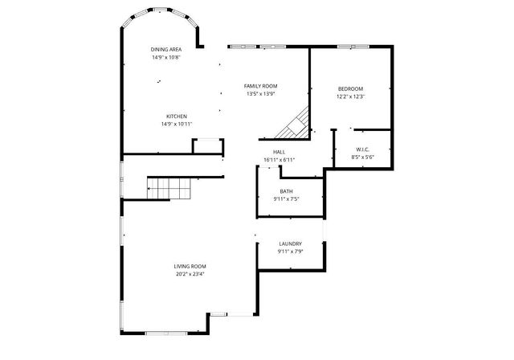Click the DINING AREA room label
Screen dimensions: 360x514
166,50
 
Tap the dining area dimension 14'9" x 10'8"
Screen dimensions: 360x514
166,57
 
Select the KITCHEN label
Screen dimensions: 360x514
177,117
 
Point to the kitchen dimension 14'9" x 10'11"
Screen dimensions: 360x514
177,124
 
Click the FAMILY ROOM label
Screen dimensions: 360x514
261,86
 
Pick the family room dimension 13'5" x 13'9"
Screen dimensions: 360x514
261,93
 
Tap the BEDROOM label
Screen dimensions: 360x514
350,89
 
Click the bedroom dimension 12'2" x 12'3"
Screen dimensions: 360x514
350,96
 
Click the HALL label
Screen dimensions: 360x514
279,152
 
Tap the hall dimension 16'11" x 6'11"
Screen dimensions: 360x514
279,159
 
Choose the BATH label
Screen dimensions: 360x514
286,191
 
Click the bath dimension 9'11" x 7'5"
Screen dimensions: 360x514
286,198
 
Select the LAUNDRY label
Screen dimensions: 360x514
290,243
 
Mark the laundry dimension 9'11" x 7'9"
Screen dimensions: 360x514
290,251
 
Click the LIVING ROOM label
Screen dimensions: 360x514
190,267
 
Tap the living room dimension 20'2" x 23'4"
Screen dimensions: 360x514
190,274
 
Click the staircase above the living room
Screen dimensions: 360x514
169,190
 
